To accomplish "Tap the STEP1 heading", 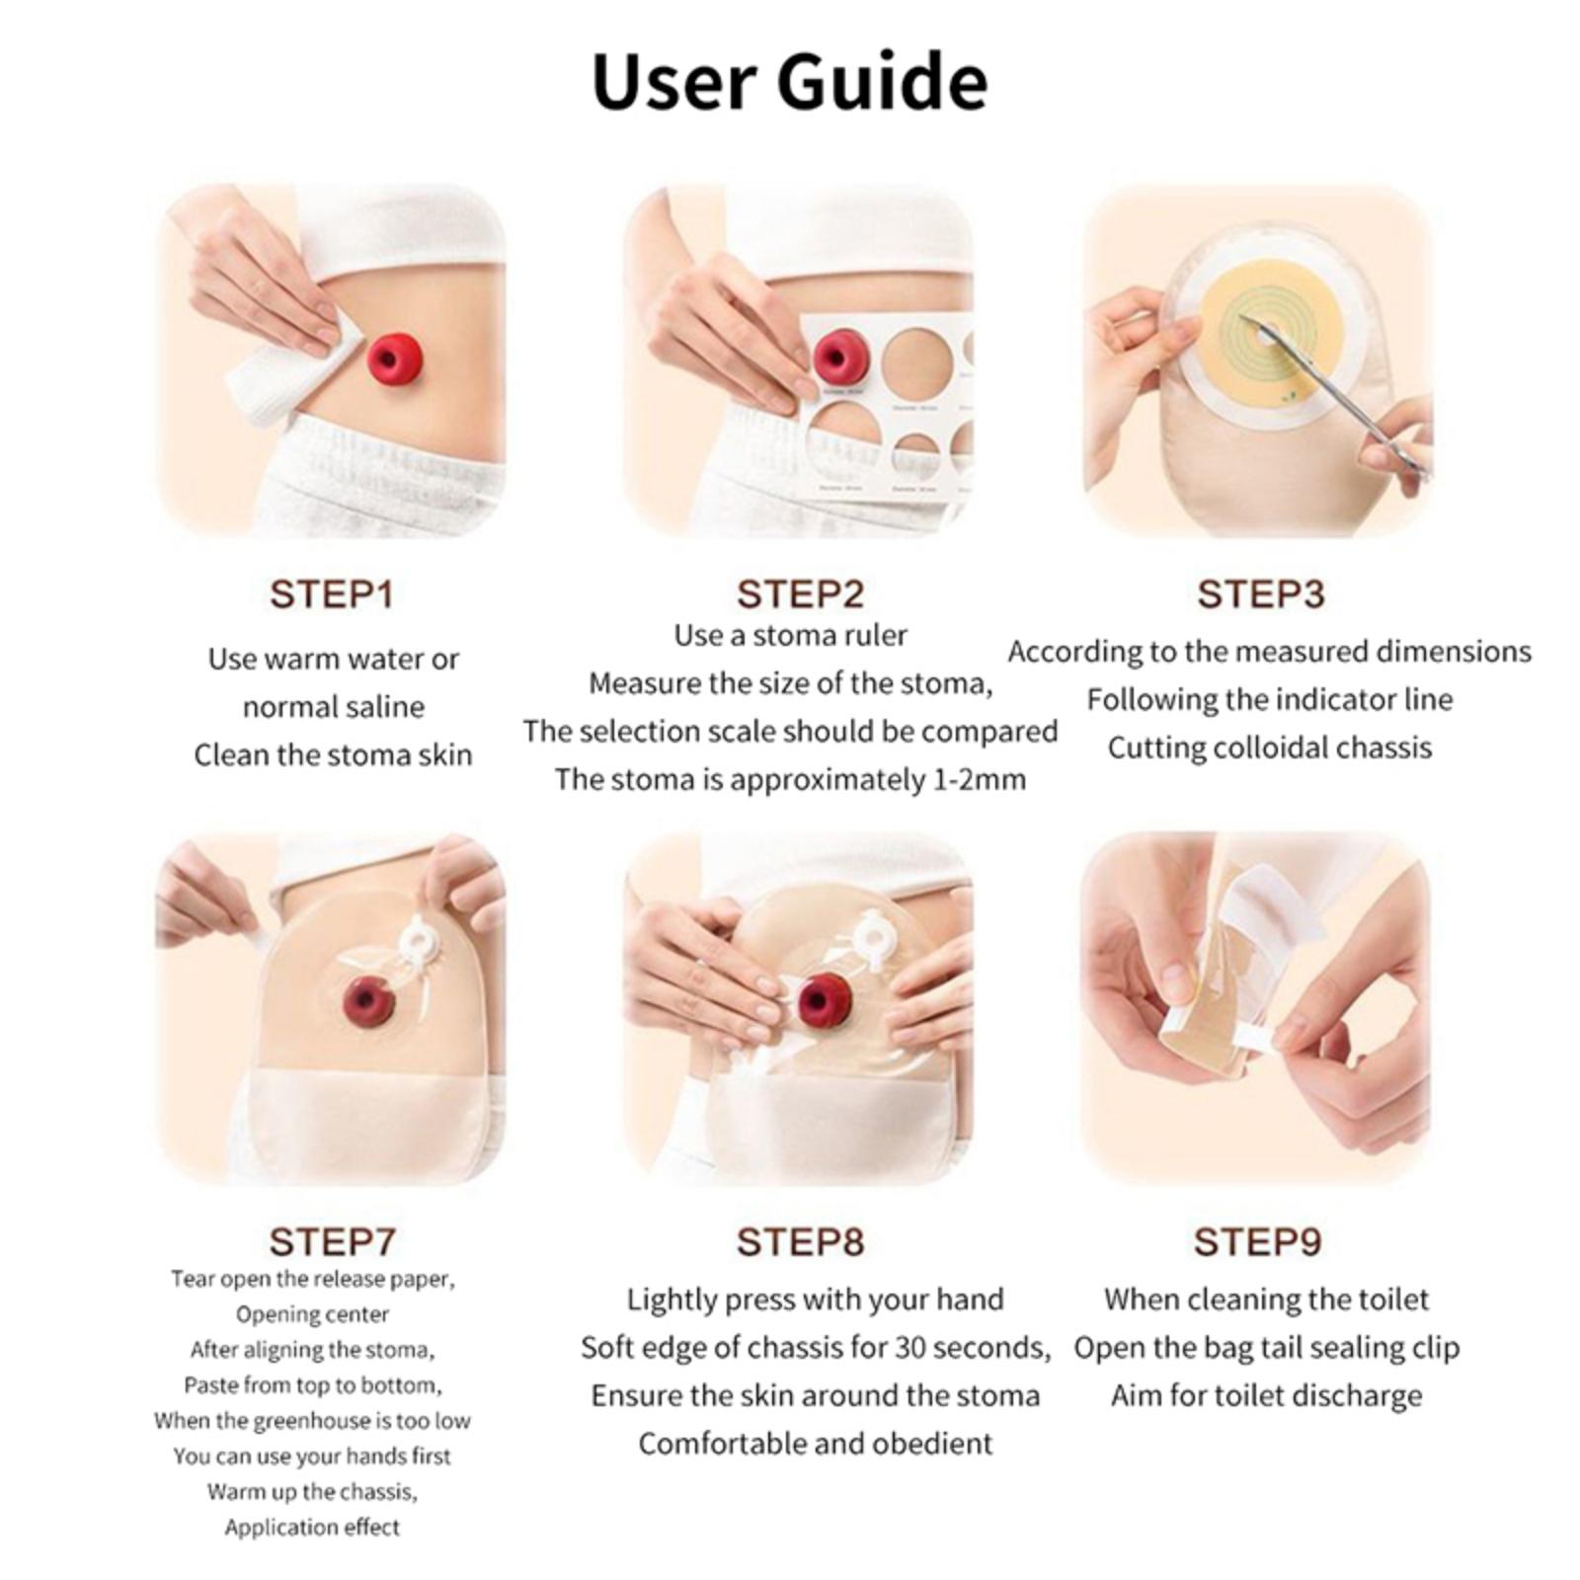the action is click(332, 594).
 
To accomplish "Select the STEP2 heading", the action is click(800, 594).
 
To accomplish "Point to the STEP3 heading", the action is click(1261, 594).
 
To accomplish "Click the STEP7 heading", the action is click(332, 1241).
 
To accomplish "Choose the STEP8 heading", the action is click(800, 1241).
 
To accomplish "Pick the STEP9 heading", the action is click(1257, 1241).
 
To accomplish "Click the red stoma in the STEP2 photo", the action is click(841, 359).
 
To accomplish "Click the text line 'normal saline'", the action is click(334, 707).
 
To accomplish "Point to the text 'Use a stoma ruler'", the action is click(790, 635).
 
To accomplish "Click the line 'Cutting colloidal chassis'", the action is click(1270, 748).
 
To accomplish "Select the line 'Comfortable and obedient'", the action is click(816, 1444).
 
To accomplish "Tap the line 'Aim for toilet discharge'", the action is click(1267, 1395).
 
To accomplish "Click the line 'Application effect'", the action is click(312, 1528).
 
